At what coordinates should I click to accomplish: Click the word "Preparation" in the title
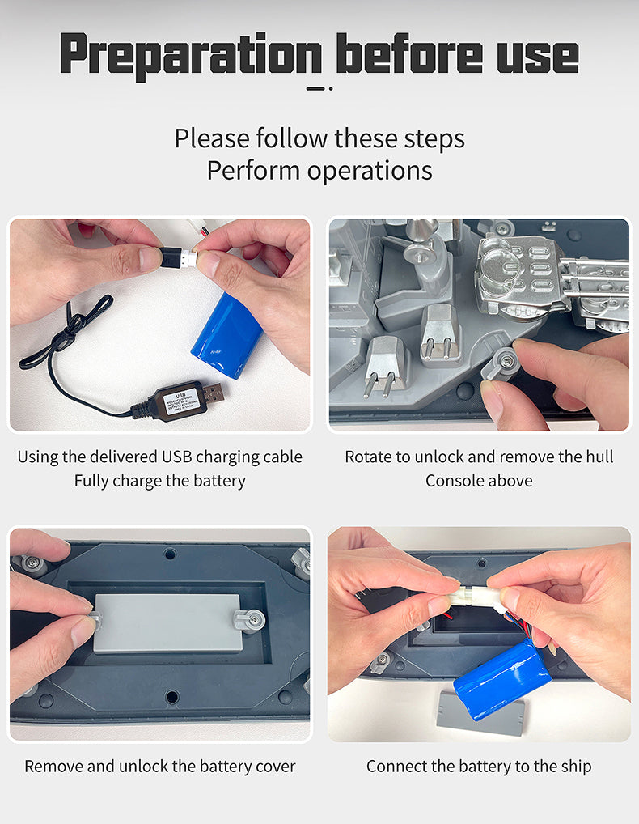pyautogui.click(x=191, y=55)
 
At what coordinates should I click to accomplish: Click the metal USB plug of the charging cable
pyautogui.click(x=214, y=392)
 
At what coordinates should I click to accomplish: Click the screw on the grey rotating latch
pyautogui.click(x=506, y=359)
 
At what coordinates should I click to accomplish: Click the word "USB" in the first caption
pyautogui.click(x=177, y=457)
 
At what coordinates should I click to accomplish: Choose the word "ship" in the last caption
pyautogui.click(x=576, y=767)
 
